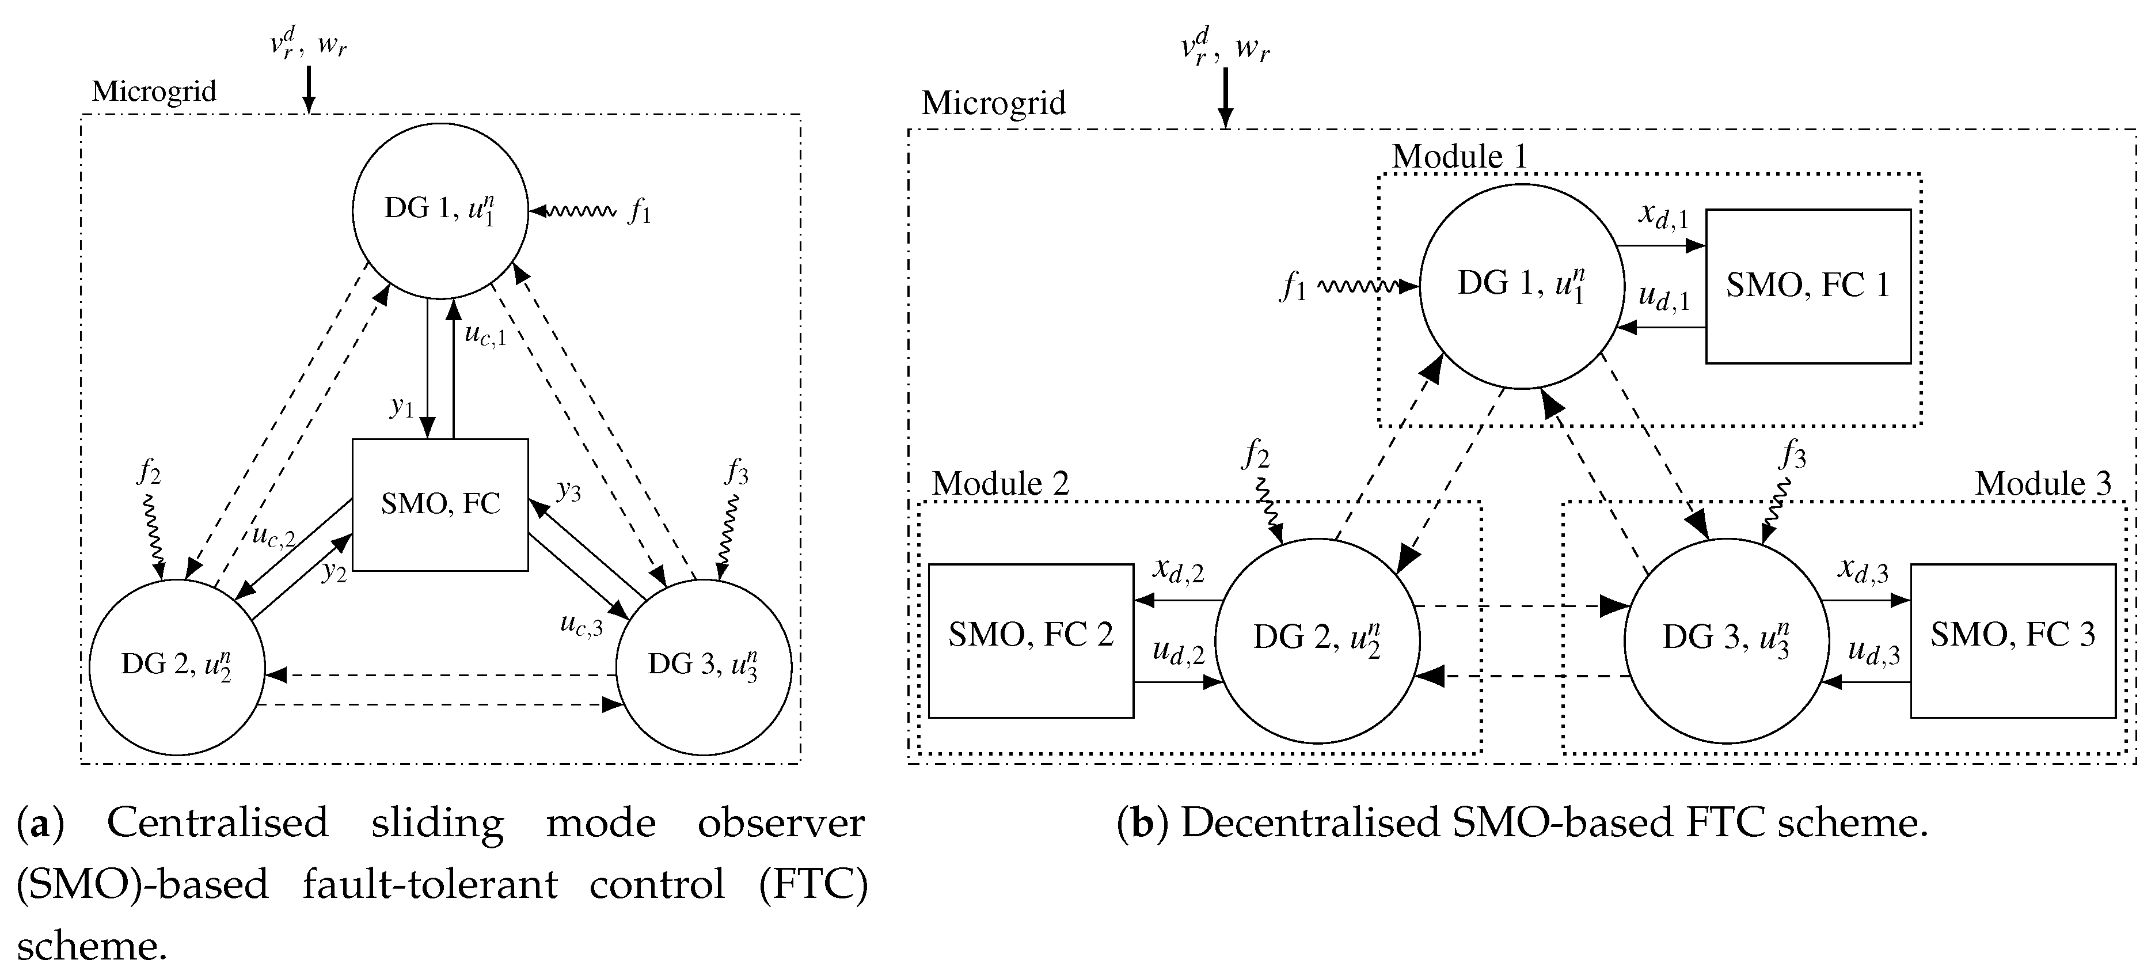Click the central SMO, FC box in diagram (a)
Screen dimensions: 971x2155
tap(440, 505)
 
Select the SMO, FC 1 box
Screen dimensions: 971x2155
tap(1808, 286)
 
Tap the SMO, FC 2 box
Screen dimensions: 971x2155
tap(1031, 640)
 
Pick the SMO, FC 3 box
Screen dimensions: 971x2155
tap(2013, 640)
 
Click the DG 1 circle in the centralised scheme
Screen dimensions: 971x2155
tap(440, 211)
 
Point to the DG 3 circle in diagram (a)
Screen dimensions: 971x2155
tap(704, 667)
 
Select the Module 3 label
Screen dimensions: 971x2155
tap(2042, 484)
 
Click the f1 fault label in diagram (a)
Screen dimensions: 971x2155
tap(640, 213)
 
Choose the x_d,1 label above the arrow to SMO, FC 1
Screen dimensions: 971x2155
tap(1664, 217)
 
